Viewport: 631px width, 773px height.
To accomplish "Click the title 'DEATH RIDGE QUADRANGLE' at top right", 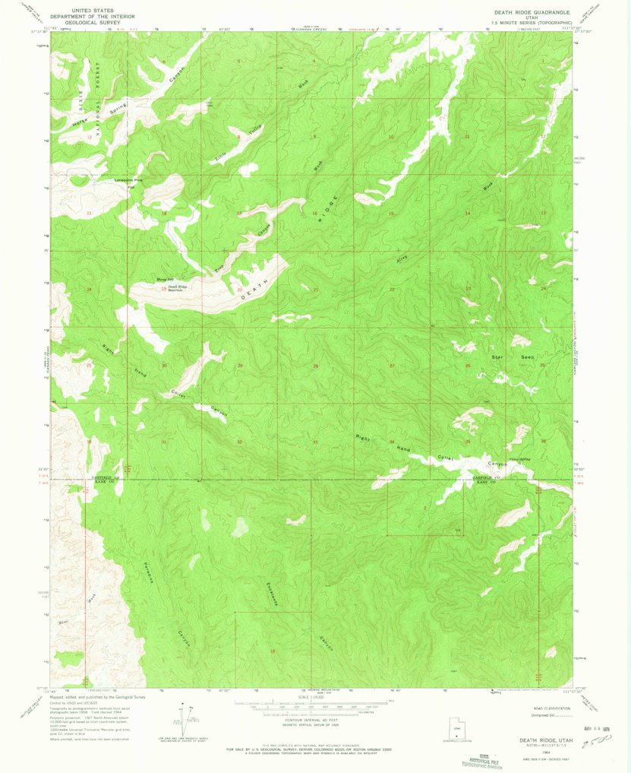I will click(535, 12).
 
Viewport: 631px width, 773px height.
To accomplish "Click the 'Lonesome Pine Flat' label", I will click(128, 182).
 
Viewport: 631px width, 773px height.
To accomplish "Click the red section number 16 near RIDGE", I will click(314, 214).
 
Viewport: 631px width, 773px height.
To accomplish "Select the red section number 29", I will click(240, 366).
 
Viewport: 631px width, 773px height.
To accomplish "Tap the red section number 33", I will click(314, 442).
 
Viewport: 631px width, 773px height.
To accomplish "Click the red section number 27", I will click(392, 366).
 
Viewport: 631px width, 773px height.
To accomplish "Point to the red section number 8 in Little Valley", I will click(238, 137).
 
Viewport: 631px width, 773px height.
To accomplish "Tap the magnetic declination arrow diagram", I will click(182, 722).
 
